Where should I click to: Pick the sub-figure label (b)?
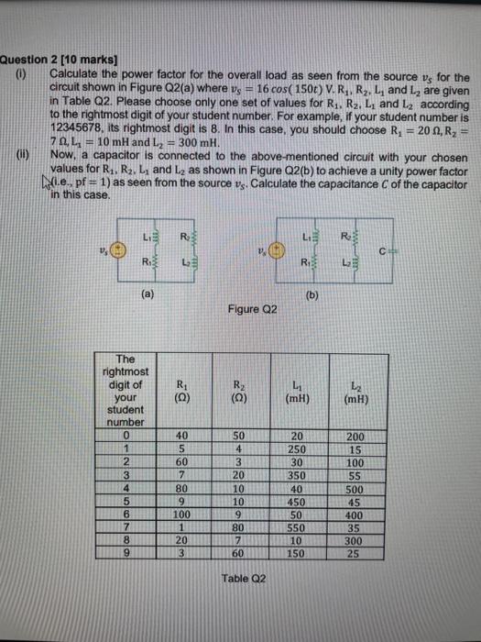328,294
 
